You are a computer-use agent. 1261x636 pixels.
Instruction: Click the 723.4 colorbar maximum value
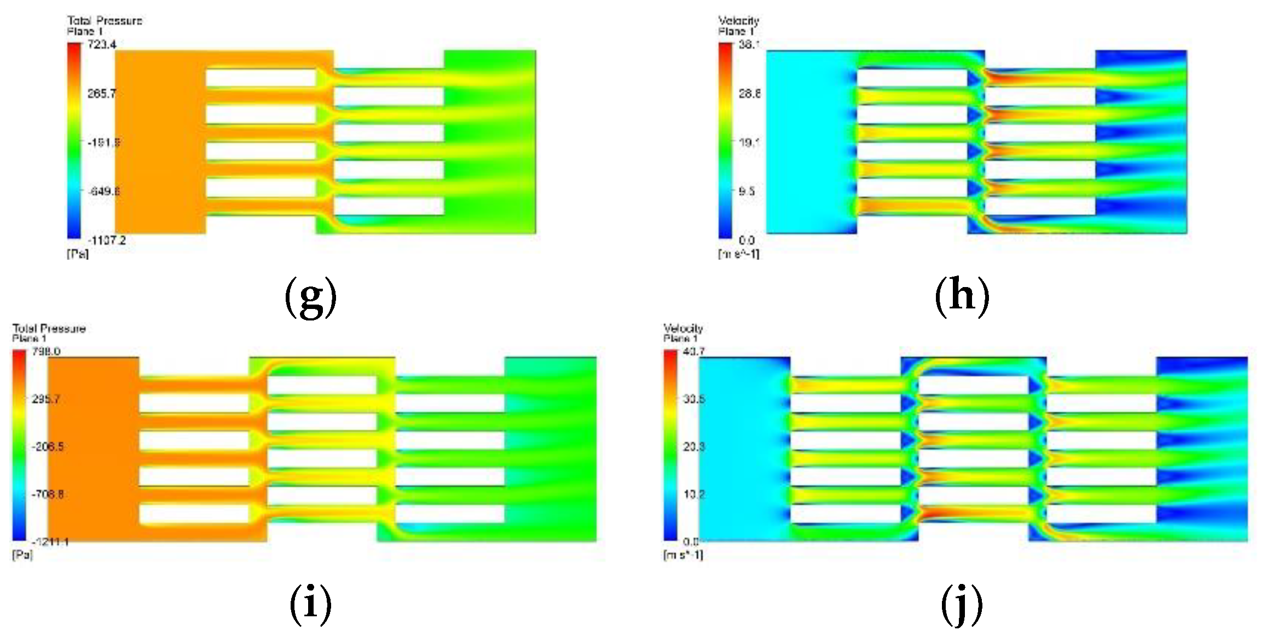102,44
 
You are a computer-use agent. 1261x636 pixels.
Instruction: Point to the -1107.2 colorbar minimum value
107,240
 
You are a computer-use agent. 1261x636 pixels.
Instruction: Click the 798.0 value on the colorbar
46,351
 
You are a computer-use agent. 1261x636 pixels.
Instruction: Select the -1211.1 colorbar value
50,542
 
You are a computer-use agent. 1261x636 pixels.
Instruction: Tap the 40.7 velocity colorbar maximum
693,351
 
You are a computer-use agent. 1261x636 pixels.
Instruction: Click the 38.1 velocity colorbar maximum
749,44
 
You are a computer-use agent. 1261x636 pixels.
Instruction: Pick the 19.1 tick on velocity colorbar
749,142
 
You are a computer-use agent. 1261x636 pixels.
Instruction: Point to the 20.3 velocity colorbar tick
693,446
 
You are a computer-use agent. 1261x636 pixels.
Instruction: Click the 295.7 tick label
46,399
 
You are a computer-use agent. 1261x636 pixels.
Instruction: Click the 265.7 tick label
102,94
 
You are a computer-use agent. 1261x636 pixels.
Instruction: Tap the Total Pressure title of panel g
105,21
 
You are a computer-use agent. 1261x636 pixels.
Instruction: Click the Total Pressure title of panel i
49,328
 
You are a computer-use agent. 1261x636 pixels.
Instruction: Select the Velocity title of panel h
738,21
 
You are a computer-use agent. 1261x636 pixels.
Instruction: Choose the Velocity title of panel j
683,328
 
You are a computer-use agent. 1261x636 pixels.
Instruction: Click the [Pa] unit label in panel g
78,254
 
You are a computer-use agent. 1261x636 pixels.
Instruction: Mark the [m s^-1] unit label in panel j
683,555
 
